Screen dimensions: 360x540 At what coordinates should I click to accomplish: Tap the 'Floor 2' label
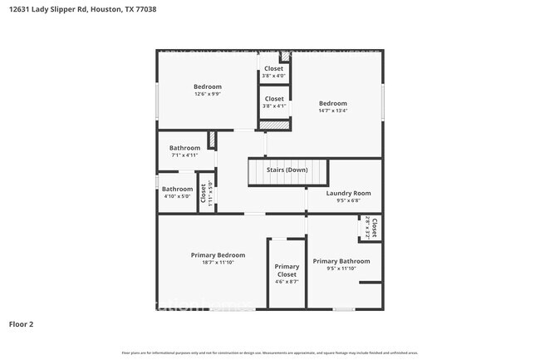[x=21, y=323]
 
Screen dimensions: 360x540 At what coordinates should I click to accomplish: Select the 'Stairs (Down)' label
[x=287, y=170]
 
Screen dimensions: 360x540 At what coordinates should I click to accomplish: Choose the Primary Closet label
[x=287, y=270]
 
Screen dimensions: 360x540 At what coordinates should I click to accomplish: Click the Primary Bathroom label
[x=341, y=261]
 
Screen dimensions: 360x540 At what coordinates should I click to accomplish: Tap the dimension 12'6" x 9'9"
[x=208, y=94]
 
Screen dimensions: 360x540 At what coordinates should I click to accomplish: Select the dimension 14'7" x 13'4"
[x=332, y=111]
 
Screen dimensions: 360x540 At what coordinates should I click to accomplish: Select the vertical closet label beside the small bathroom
[x=202, y=193]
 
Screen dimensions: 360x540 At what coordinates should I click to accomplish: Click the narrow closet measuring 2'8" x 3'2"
[x=371, y=227]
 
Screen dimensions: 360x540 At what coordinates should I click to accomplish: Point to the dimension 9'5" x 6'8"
[x=349, y=200]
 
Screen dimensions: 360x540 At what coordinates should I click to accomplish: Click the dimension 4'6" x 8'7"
[x=287, y=282]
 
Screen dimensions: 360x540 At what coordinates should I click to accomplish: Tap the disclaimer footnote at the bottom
[x=270, y=353]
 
